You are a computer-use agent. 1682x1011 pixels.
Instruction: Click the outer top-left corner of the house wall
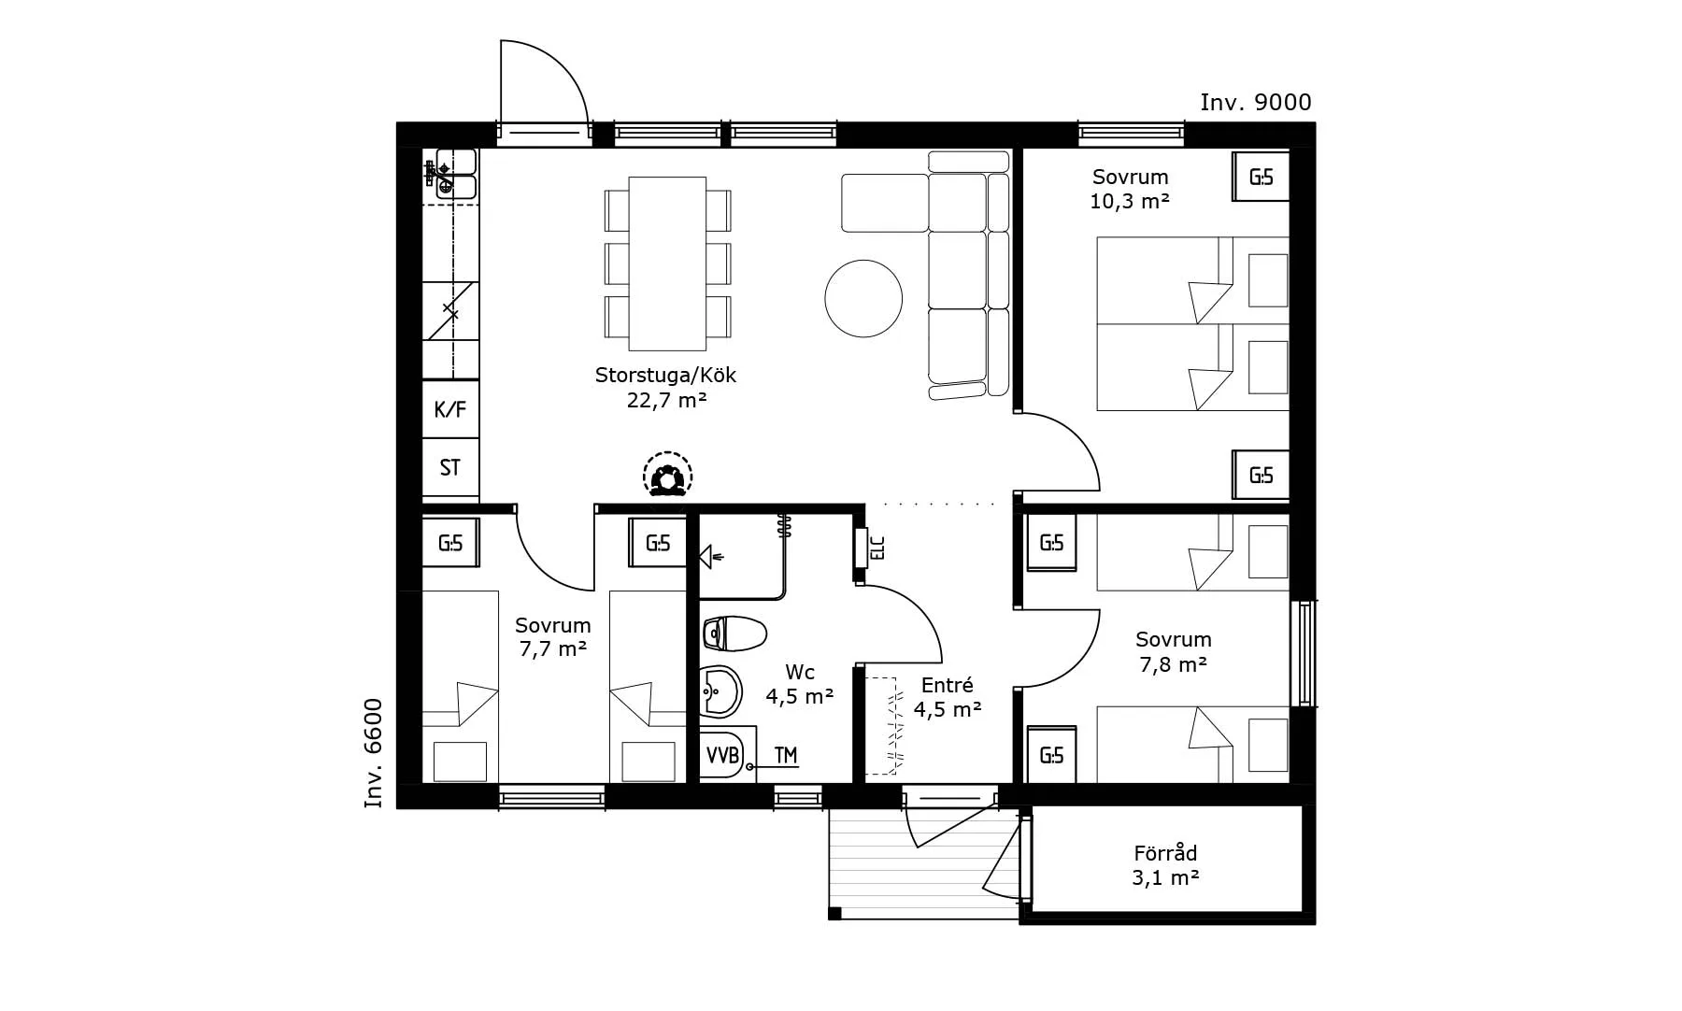397,122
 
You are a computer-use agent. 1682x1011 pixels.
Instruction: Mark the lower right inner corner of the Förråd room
1302,912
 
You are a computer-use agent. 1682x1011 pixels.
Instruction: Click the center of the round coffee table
863,298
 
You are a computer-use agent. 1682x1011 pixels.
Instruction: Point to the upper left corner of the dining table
629,178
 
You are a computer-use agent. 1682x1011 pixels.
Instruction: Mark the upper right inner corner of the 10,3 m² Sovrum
1290,149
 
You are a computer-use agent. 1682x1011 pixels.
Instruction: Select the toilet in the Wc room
734,634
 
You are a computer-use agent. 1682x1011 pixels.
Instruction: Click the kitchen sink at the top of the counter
451,174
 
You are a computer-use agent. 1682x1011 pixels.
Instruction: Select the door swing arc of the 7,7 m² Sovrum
555,551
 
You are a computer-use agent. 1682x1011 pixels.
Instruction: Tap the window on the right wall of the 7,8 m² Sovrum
1304,653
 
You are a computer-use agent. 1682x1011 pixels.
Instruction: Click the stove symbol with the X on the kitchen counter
450,312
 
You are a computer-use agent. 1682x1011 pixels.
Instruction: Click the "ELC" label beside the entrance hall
877,547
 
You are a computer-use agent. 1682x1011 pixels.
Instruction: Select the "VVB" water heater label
722,755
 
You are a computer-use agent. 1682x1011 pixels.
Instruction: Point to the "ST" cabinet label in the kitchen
450,467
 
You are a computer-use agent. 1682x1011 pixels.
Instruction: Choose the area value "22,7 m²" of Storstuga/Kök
666,400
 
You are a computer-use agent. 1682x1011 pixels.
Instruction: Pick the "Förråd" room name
1165,853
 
